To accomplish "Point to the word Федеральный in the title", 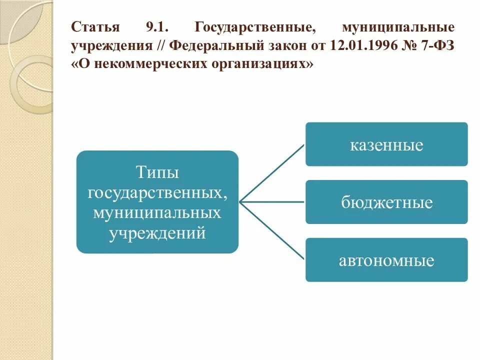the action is click(212, 45).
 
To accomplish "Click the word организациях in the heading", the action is click(259, 65).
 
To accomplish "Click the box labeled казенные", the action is click(386, 144).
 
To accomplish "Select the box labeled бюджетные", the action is click(386, 202).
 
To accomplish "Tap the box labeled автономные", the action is click(386, 260).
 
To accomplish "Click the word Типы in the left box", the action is click(157, 173).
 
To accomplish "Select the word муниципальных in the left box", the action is click(157, 213).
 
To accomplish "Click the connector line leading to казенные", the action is click(272, 173).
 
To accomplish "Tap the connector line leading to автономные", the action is click(272, 230).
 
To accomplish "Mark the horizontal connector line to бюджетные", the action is click(272, 202).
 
